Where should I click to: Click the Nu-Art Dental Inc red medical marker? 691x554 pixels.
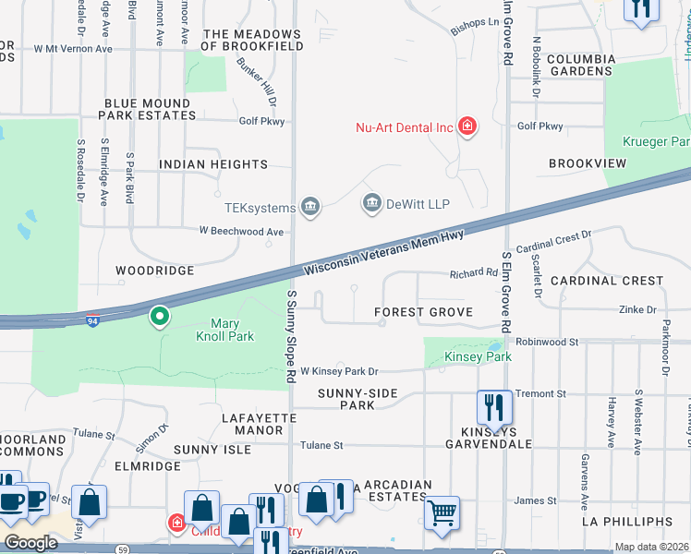tap(467, 126)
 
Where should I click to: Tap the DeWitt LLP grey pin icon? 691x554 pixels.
tap(372, 203)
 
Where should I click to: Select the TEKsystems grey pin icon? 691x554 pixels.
tap(311, 208)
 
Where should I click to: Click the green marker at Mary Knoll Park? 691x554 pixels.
tap(160, 318)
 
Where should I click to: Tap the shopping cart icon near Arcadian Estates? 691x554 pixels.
tap(442, 512)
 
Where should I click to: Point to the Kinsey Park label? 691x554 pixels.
tap(478, 356)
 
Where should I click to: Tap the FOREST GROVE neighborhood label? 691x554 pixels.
tap(423, 313)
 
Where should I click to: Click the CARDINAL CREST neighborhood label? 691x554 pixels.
tap(607, 280)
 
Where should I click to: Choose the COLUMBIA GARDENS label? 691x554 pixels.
tap(581, 65)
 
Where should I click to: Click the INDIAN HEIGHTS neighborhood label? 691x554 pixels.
tap(213, 164)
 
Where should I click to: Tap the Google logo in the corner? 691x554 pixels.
tap(30, 544)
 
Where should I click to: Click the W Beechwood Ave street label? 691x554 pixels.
tap(241, 232)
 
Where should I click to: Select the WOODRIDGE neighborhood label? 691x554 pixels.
tap(154, 271)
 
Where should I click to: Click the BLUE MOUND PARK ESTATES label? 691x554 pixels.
tap(148, 110)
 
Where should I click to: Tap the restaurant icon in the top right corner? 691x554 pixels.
tap(640, 9)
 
